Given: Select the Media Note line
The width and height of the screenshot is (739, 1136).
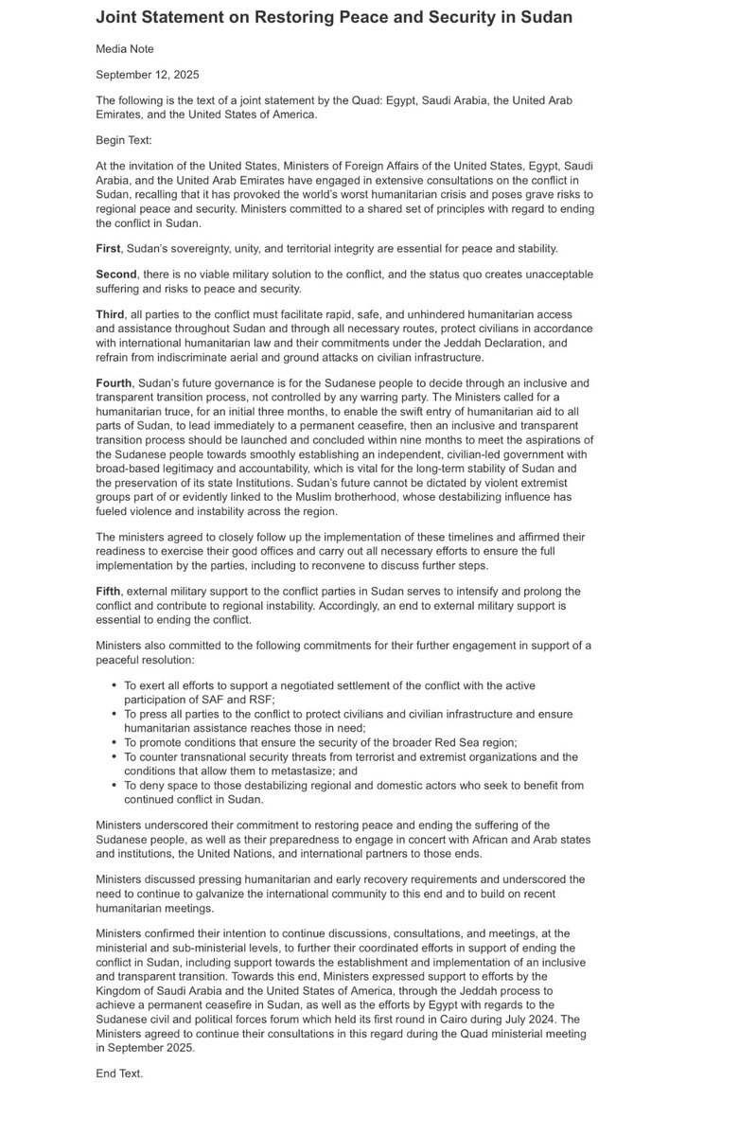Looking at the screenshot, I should [x=124, y=48].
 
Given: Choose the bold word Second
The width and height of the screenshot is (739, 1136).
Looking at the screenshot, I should [x=117, y=275].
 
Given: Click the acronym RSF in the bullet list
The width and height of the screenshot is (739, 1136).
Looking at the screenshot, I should [x=260, y=698].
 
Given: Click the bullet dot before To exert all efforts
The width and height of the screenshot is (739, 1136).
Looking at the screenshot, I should [x=114, y=684].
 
